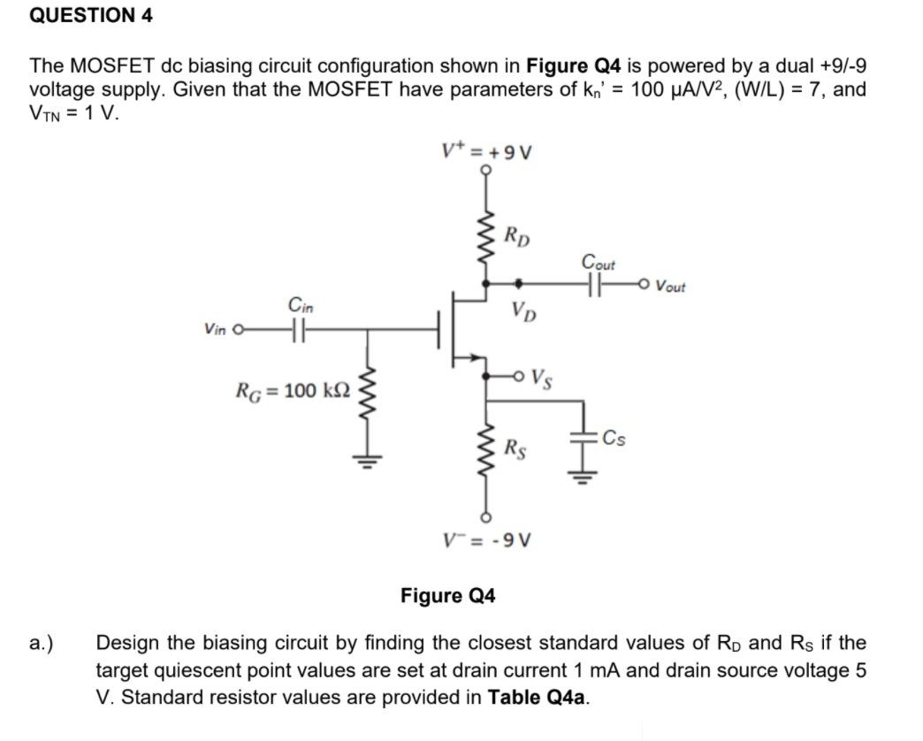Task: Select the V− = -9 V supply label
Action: click(485, 539)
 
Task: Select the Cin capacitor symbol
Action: click(297, 331)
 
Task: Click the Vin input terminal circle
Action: click(238, 331)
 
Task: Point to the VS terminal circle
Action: click(523, 375)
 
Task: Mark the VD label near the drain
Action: click(522, 311)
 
